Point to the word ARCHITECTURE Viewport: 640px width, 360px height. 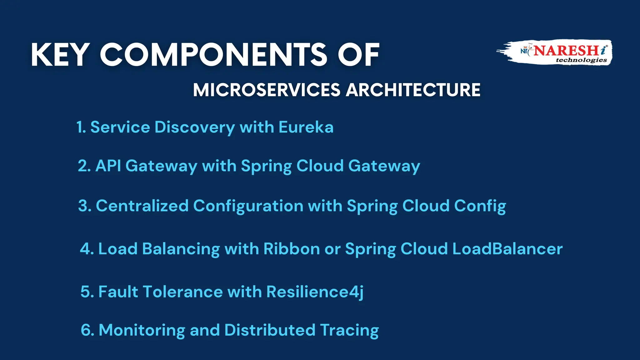[x=413, y=90]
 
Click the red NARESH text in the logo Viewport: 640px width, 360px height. [x=566, y=51]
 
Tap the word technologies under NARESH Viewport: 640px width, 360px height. [x=581, y=60]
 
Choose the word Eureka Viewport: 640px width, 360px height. [x=306, y=127]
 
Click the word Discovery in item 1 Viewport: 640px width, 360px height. [x=194, y=127]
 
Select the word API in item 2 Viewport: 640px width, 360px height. [x=108, y=166]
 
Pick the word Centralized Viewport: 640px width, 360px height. [x=142, y=206]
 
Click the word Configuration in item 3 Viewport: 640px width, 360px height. [x=248, y=206]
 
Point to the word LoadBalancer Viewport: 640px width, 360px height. [x=507, y=249]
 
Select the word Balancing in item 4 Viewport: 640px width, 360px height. [x=181, y=249]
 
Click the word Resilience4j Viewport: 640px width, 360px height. [x=315, y=292]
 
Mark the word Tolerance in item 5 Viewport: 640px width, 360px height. [x=183, y=292]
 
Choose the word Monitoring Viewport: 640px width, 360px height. [x=142, y=330]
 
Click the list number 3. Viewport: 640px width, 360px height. [x=84, y=206]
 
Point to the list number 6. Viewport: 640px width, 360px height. [x=86, y=330]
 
